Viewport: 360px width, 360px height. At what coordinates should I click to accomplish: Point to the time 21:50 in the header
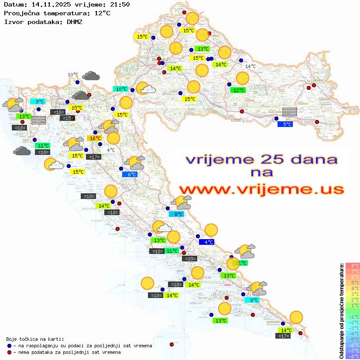[120, 4]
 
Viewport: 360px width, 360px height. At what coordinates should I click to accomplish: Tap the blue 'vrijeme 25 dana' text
[261, 159]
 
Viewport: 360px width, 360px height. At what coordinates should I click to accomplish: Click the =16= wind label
[58, 112]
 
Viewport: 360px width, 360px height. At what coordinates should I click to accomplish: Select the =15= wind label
[67, 118]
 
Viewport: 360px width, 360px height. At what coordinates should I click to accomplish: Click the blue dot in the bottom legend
[9, 346]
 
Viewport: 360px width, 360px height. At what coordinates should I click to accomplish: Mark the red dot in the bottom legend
[9, 352]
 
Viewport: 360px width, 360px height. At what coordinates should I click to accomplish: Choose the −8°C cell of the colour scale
[352, 356]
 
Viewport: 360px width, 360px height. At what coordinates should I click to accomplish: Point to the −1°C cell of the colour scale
[352, 316]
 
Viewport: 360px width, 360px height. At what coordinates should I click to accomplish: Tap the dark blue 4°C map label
[206, 242]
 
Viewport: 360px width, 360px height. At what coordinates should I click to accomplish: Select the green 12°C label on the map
[238, 90]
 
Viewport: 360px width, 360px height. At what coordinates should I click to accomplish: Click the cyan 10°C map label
[121, 89]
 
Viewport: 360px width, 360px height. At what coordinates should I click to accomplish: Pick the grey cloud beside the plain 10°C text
[91, 76]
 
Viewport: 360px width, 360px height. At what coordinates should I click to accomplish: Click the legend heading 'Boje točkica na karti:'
[35, 339]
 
